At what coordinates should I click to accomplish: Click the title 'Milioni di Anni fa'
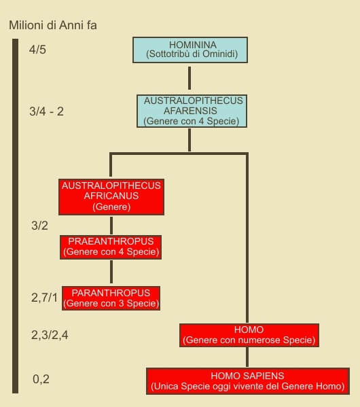pyautogui.click(x=53, y=25)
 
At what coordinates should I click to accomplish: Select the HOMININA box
pyautogui.click(x=190, y=50)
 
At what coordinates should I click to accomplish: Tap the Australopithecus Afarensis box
pyautogui.click(x=192, y=111)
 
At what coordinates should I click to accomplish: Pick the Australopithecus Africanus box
pyautogui.click(x=111, y=197)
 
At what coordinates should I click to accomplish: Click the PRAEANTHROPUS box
pyautogui.click(x=111, y=247)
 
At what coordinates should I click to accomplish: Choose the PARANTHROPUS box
pyautogui.click(x=111, y=298)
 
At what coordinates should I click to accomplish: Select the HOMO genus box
pyautogui.click(x=249, y=335)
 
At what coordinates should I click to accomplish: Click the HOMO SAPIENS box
pyautogui.click(x=248, y=381)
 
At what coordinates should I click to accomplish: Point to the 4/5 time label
pyautogui.click(x=37, y=50)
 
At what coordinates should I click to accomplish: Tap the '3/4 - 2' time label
pyautogui.click(x=46, y=111)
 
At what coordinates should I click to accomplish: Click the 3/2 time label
pyautogui.click(x=39, y=226)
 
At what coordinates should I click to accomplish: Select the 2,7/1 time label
pyautogui.click(x=44, y=298)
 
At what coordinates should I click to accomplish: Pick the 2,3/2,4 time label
pyautogui.click(x=50, y=335)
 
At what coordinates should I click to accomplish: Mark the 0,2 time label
pyautogui.click(x=41, y=379)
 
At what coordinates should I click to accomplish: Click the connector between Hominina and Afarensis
pyautogui.click(x=190, y=78)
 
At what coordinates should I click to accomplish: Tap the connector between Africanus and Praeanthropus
pyautogui.click(x=111, y=226)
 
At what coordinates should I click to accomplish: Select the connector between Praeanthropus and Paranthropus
pyautogui.click(x=111, y=272)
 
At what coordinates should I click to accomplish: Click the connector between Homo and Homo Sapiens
pyautogui.click(x=247, y=357)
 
